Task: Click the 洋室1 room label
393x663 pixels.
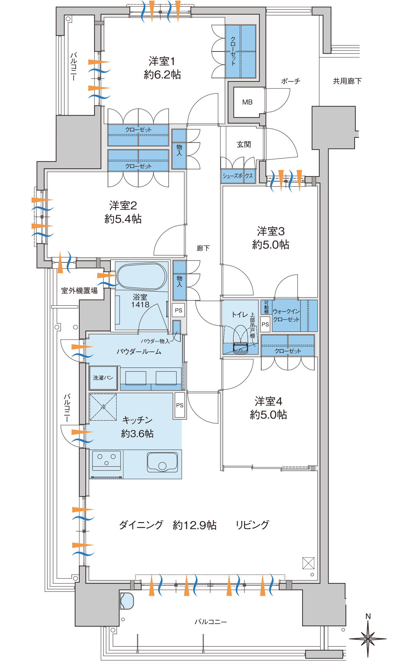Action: [162, 61]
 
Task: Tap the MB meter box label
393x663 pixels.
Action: [247, 102]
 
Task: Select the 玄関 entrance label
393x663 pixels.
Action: [244, 145]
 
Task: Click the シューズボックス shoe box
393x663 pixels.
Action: [238, 176]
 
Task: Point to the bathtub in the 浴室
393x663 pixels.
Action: [141, 276]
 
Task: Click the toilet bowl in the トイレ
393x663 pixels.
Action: [240, 340]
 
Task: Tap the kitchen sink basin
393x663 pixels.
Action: [162, 462]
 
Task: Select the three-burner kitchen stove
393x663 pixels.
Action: [107, 461]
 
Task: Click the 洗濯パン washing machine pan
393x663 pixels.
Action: [103, 378]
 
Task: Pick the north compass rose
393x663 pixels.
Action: [368, 637]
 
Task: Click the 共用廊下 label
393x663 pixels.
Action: [347, 81]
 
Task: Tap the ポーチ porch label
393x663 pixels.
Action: [291, 81]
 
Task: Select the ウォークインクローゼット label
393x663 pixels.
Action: [286, 315]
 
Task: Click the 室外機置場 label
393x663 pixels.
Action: [79, 291]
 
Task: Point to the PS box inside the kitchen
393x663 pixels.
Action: [180, 406]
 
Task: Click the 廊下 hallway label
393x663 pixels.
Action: [203, 248]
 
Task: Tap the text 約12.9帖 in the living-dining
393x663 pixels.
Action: [195, 525]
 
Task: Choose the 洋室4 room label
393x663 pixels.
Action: [268, 401]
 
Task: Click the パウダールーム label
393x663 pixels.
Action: [139, 351]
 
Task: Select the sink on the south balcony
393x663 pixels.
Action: [127, 601]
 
